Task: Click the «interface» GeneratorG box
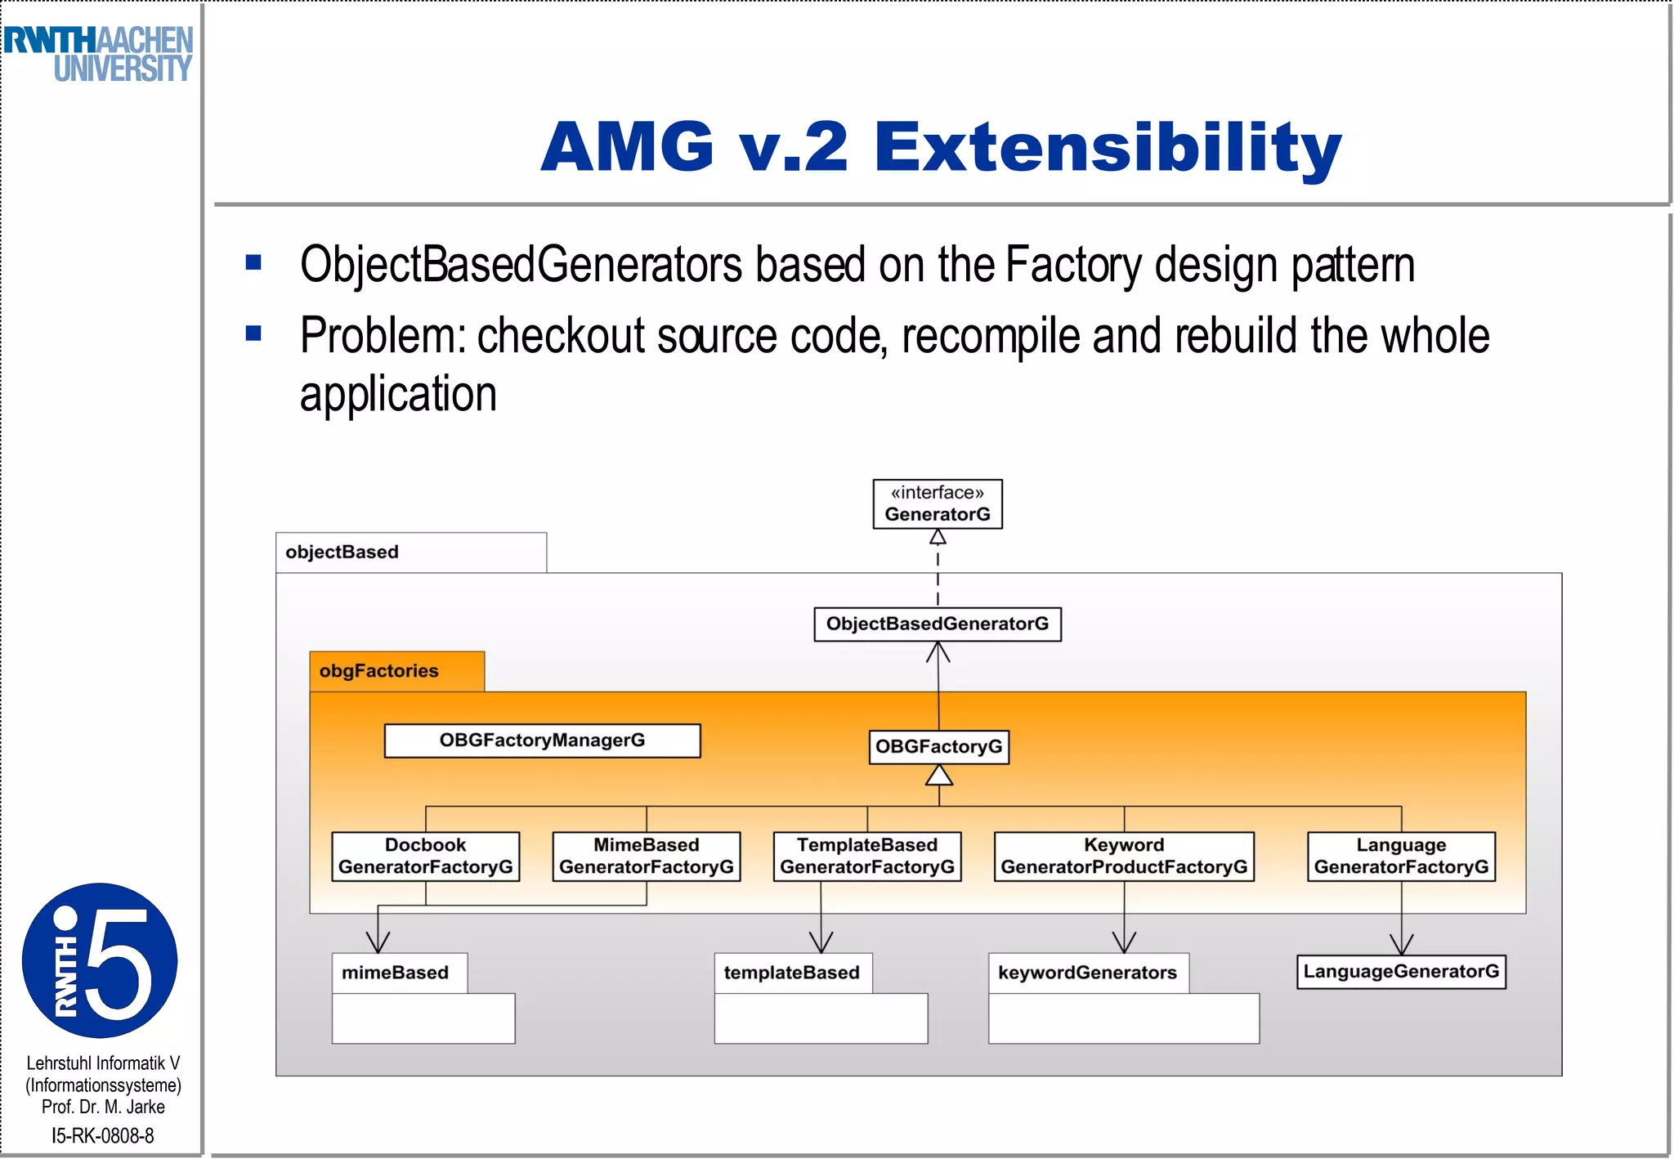937,504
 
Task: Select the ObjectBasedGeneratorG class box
937,624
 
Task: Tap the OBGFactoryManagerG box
542,741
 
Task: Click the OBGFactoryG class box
938,747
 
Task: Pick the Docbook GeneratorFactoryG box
425,857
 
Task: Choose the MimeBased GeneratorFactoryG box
646,857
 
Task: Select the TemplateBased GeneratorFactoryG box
866,857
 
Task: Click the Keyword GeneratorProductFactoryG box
1123,857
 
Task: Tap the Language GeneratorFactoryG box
1401,857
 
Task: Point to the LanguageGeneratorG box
1401,972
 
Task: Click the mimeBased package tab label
396,973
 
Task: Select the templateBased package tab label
791,973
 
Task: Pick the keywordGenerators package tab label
1087,973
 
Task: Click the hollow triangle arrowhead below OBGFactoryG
938,776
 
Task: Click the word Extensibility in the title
1108,147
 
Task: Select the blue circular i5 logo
100,960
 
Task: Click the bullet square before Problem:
253,333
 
